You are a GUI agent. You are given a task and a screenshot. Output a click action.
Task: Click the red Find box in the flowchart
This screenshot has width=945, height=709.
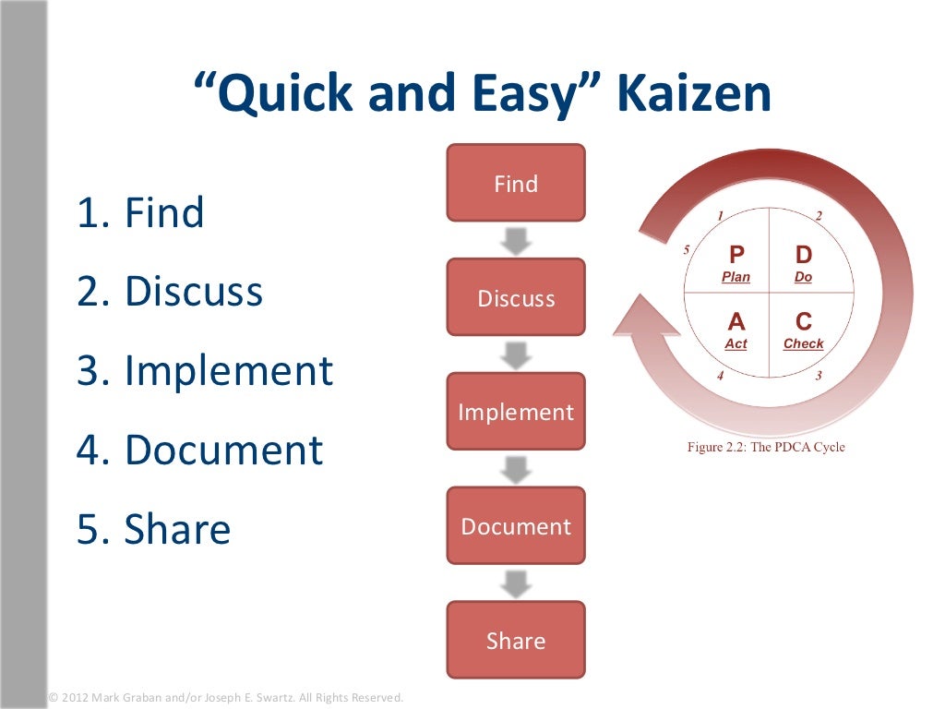click(x=516, y=183)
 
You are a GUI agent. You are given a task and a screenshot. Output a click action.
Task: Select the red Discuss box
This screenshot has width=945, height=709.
click(x=516, y=297)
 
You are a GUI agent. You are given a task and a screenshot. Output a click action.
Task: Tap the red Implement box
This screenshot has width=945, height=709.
click(x=516, y=412)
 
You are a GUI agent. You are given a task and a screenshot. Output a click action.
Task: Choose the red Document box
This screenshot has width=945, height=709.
click(x=516, y=526)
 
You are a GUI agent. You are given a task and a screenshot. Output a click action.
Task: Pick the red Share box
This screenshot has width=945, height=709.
click(x=516, y=641)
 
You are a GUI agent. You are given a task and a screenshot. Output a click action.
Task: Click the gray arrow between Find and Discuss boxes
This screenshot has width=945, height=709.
click(x=516, y=240)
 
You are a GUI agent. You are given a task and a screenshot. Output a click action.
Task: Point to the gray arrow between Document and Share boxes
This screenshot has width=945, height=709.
click(x=516, y=583)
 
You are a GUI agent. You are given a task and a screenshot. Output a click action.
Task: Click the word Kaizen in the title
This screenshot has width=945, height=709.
click(x=693, y=95)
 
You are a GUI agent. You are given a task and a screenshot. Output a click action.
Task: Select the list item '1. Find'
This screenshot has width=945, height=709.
click(x=140, y=213)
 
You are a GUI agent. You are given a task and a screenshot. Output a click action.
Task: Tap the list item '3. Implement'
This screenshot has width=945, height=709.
click(x=204, y=371)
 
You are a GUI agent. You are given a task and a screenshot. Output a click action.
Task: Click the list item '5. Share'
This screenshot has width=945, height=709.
click(x=153, y=529)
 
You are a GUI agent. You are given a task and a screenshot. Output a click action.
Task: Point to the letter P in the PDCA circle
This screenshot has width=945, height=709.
click(x=736, y=254)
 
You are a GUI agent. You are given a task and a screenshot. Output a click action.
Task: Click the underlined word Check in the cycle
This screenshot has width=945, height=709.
click(x=803, y=344)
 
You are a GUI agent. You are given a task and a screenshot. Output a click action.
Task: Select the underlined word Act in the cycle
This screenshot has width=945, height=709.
click(x=736, y=344)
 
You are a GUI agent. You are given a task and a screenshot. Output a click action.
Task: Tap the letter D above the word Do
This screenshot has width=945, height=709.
click(x=804, y=254)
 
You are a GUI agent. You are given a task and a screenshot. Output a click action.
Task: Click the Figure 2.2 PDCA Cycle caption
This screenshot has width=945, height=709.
click(x=766, y=448)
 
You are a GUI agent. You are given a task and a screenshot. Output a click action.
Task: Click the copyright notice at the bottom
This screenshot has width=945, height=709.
click(x=225, y=698)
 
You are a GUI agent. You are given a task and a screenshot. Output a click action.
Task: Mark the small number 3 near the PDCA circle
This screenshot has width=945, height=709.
click(x=818, y=376)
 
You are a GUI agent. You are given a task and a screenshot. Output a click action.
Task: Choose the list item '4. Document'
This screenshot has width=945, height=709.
click(x=199, y=451)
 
